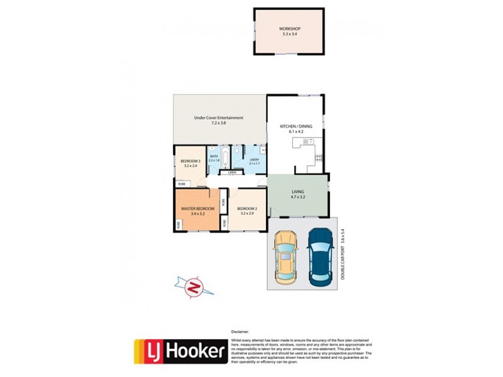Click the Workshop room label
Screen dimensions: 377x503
tap(290, 29)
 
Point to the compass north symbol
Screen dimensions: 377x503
tap(195, 287)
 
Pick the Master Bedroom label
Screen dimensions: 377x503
tap(198, 208)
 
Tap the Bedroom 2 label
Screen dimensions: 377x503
tap(246, 208)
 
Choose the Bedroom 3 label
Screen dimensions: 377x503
tap(190, 161)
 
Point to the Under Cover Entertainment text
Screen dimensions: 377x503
tap(218, 117)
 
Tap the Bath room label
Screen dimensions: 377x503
tap(213, 156)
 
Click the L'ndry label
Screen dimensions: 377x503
tap(254, 160)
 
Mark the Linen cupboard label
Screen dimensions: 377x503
tap(232, 172)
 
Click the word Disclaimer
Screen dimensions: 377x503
tap(240, 331)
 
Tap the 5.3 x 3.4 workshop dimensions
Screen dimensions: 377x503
tap(290, 34)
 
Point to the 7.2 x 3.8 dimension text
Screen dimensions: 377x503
tap(218, 123)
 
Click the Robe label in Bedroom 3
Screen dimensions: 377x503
tap(181, 183)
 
